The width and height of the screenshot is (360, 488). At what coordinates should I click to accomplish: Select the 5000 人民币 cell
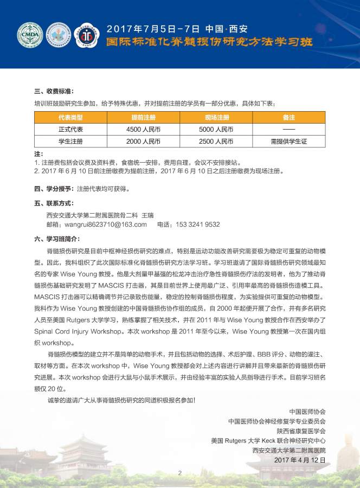pos(216,130)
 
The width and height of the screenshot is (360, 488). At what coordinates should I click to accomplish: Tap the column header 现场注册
pos(216,118)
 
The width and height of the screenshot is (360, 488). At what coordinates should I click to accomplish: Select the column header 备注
pos(289,118)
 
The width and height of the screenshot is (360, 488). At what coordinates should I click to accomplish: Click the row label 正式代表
pos(70,130)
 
